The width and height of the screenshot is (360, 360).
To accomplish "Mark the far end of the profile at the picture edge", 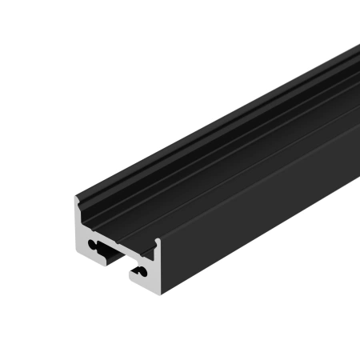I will pyautogui.click(x=355, y=72).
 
